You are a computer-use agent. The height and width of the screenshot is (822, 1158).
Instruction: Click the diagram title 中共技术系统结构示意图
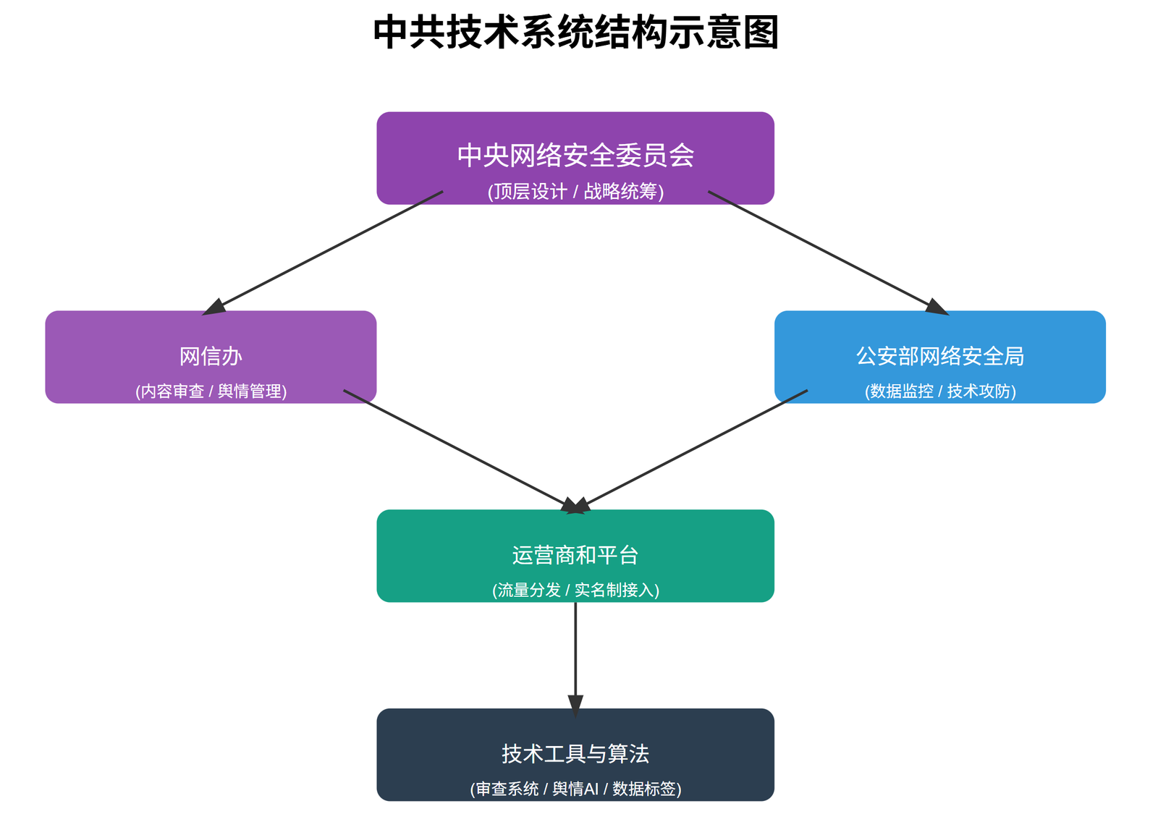575,33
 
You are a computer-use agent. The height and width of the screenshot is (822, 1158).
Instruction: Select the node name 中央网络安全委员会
575,156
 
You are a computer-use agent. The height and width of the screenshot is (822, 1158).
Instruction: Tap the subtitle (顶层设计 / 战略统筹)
575,192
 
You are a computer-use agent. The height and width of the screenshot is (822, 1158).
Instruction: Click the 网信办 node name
211,356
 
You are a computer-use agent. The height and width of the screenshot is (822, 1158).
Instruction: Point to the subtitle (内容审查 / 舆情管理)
211,391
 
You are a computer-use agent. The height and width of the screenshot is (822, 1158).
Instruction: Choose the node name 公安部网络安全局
939,356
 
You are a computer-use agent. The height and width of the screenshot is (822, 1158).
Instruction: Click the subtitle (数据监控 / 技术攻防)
939,391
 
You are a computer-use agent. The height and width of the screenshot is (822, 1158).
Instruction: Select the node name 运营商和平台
575,555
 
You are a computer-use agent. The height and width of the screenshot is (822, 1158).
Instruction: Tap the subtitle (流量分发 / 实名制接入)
575,590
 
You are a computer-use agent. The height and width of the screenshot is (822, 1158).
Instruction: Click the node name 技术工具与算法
575,754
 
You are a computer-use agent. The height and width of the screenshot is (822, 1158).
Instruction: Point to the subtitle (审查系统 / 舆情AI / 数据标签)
575,789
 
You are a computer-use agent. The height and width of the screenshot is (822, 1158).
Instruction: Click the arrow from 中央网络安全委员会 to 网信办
326,251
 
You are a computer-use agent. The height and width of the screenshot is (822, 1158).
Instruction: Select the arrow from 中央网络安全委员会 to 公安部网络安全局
825,251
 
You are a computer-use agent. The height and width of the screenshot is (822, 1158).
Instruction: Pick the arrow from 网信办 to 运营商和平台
456,448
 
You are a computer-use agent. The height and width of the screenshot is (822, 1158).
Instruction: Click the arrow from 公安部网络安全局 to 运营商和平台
695,448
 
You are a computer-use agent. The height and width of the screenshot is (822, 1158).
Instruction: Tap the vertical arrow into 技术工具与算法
575,651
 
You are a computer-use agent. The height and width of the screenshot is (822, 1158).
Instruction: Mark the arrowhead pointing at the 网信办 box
214,308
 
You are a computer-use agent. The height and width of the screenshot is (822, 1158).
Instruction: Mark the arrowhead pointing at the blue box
937,308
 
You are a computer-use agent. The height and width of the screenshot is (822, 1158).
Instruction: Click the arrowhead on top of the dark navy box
575,705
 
